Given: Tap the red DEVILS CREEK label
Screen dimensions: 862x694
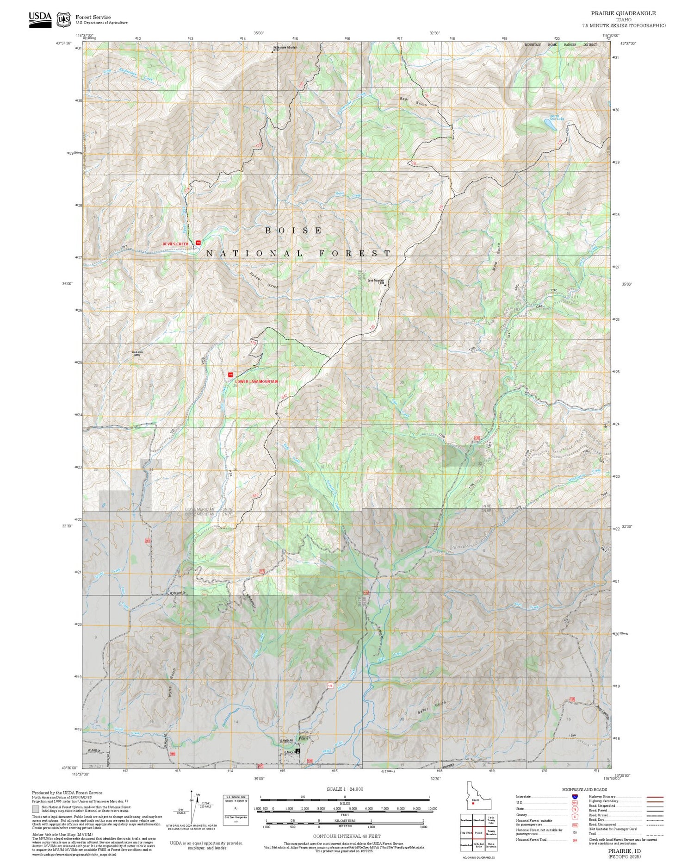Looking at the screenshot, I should [176, 244].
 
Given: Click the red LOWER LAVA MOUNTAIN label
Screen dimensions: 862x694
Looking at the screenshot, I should [257, 381].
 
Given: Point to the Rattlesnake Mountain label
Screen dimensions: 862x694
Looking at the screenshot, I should [285, 47].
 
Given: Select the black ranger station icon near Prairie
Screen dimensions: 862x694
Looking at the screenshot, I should [298, 751].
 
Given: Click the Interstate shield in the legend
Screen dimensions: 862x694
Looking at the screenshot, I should [575, 796].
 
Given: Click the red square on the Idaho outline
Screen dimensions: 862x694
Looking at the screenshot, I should [473, 803].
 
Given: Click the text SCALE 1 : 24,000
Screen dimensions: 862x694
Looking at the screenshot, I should [345, 789].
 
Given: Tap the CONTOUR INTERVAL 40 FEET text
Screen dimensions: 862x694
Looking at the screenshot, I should [347, 836].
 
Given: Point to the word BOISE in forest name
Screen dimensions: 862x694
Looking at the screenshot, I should [294, 230].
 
